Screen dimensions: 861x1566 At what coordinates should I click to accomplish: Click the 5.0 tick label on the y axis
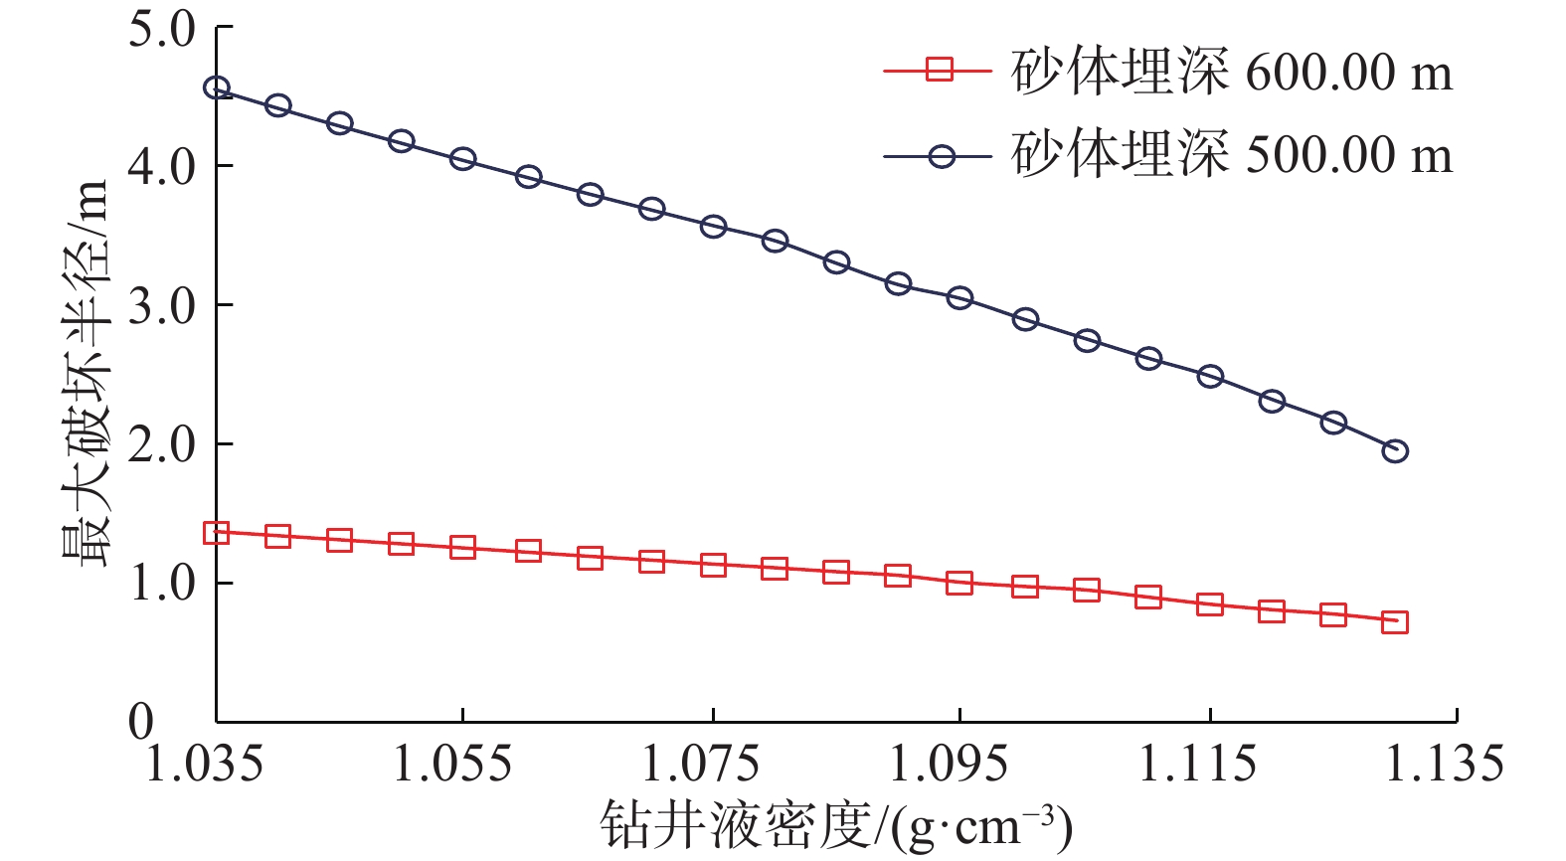pyautogui.click(x=162, y=30)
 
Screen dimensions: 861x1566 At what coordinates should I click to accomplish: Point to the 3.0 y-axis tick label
pyautogui.click(x=162, y=306)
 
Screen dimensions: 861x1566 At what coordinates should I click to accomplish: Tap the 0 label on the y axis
pyautogui.click(x=141, y=722)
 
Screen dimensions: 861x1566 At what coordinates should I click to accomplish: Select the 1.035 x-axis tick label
pyautogui.click(x=205, y=765)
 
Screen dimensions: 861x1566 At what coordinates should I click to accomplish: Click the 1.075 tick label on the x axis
pyautogui.click(x=701, y=765)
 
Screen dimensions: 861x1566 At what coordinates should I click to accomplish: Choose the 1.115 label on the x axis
pyautogui.click(x=1197, y=765)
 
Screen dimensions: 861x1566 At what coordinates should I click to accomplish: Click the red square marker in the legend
pyautogui.click(x=939, y=71)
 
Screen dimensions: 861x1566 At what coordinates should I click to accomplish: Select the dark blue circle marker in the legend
pyautogui.click(x=939, y=156)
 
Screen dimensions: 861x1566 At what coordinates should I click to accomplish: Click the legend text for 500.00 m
pyautogui.click(x=1232, y=155)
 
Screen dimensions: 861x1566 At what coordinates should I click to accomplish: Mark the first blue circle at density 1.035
pyautogui.click(x=217, y=88)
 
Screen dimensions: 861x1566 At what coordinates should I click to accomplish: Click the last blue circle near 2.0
pyautogui.click(x=1395, y=451)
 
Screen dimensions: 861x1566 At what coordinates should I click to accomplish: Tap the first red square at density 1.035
pyautogui.click(x=217, y=533)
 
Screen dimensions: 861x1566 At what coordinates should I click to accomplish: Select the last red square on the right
pyautogui.click(x=1395, y=622)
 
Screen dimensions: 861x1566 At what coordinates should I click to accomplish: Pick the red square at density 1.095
pyautogui.click(x=959, y=583)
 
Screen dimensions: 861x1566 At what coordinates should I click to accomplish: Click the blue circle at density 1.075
pyautogui.click(x=713, y=227)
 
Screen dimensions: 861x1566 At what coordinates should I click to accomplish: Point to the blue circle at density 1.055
pyautogui.click(x=462, y=159)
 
